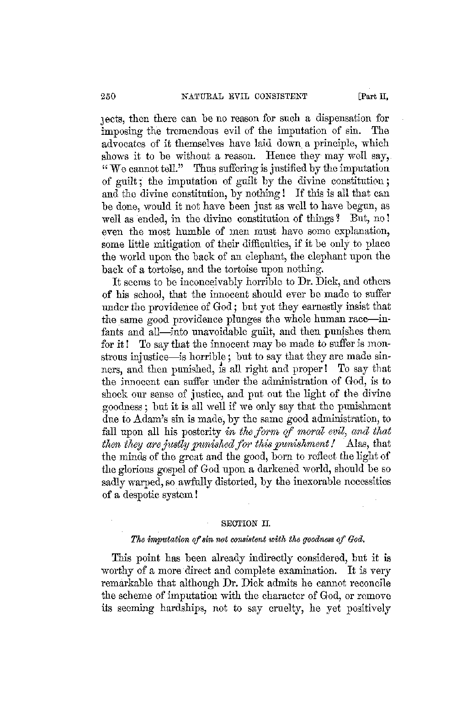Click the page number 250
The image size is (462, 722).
click(x=110, y=96)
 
